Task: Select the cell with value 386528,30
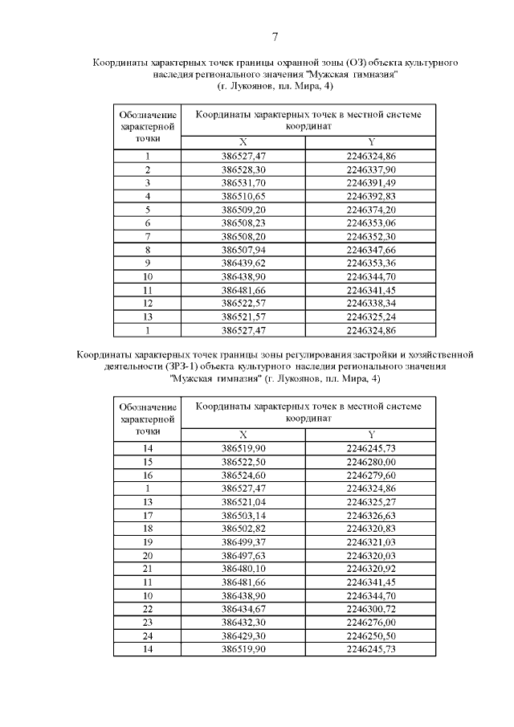[243, 169]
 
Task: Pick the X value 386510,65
[243, 196]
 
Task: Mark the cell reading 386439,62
[243, 263]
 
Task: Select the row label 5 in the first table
[148, 210]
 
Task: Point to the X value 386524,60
[243, 475]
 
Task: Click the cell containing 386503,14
[243, 515]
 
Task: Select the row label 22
[148, 609]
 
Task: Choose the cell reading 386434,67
[243, 609]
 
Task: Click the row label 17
[148, 515]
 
